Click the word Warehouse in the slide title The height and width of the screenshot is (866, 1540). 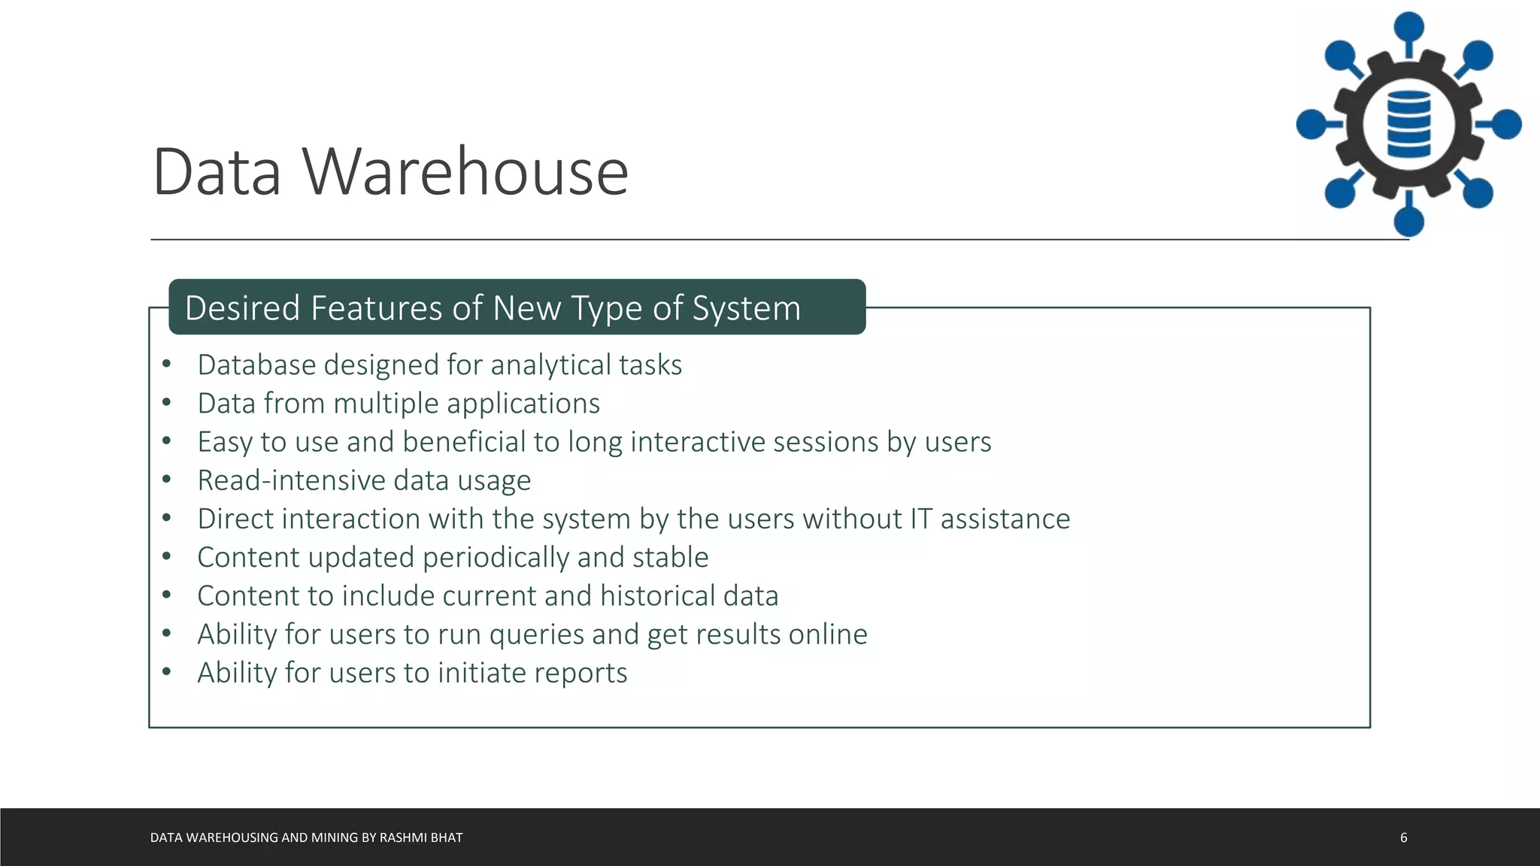(465, 172)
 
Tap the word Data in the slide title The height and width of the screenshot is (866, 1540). (217, 172)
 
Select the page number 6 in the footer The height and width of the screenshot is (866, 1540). (1403, 837)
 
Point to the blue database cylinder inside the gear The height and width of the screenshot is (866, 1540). (1408, 124)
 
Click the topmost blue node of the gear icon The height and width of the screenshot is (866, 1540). (1408, 27)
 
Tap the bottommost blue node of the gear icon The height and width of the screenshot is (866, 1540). (1408, 221)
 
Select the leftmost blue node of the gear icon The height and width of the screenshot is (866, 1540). (1311, 124)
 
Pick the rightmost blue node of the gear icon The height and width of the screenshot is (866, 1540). (1506, 124)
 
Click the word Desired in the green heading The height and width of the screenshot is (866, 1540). (242, 308)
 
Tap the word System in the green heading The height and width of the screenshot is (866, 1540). (746, 308)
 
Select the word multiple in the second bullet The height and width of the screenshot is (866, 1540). (385, 404)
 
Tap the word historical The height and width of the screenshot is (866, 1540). (657, 596)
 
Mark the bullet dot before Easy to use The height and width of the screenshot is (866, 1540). (167, 441)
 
